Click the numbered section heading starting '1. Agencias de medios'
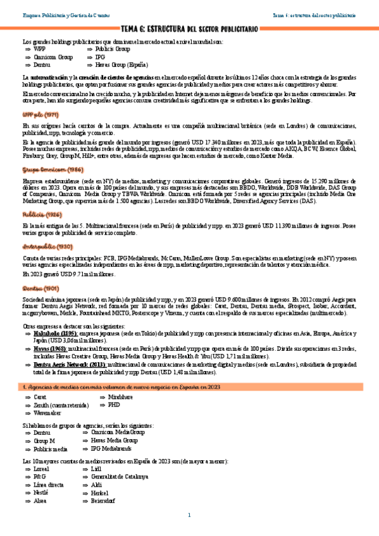coord(120,386)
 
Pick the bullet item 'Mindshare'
coord(121,397)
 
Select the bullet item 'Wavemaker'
coord(47,412)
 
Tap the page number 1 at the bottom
coord(189,515)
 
